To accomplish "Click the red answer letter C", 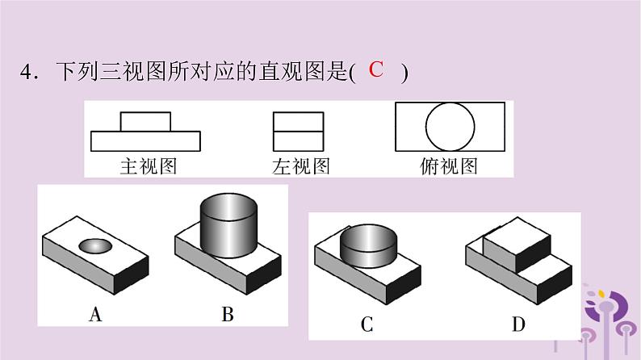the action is pyautogui.click(x=375, y=70).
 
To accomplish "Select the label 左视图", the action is pyautogui.click(x=300, y=166).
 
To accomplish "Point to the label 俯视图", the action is pyautogui.click(x=449, y=166).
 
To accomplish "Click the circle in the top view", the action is pyautogui.click(x=449, y=128).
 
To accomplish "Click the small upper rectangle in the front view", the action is pyautogui.click(x=145, y=121).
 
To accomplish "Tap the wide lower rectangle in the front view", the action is pyautogui.click(x=145, y=141).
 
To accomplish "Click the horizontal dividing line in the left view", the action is pyautogui.click(x=299, y=132).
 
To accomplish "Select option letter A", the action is pyautogui.click(x=95, y=315).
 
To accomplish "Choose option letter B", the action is pyautogui.click(x=228, y=315).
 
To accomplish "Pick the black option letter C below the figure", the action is pyautogui.click(x=367, y=324).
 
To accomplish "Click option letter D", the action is pyautogui.click(x=517, y=324).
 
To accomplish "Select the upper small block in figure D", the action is pyautogui.click(x=517, y=242).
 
